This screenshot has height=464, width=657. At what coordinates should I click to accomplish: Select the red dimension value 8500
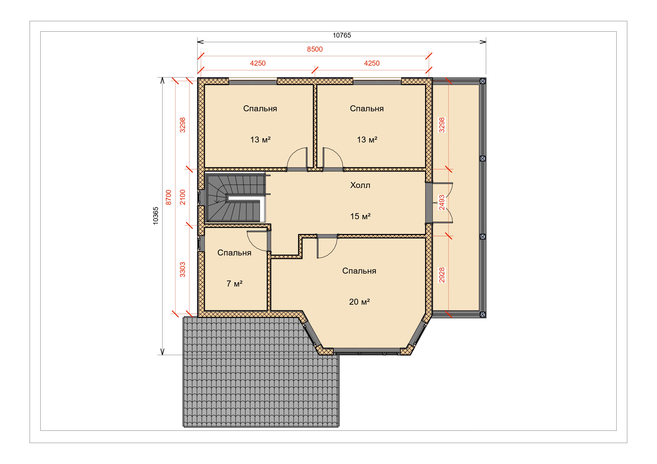click(315, 49)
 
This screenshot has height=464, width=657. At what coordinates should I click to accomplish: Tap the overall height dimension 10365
click(155, 216)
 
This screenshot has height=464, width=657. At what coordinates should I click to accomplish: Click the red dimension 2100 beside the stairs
click(183, 197)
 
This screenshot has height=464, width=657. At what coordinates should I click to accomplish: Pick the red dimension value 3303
click(183, 270)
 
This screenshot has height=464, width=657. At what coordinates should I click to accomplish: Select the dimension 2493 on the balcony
click(442, 202)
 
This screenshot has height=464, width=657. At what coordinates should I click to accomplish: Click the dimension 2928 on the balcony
click(442, 275)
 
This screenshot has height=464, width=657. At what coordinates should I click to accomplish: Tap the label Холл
click(360, 185)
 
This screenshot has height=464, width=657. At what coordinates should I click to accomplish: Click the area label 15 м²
click(360, 216)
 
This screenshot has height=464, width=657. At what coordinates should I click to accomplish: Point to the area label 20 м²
click(359, 302)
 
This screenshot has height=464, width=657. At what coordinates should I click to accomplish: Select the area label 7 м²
click(234, 283)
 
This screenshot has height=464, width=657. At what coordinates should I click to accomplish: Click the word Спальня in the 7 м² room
click(234, 253)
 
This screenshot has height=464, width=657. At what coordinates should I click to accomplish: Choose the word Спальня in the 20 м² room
click(359, 271)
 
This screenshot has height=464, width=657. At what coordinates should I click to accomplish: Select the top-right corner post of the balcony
click(482, 81)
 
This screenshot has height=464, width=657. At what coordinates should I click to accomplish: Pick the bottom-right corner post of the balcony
click(482, 315)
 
